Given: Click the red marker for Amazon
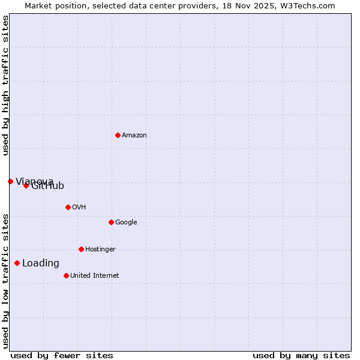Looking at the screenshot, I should (x=118, y=135).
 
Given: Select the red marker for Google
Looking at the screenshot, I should (x=111, y=222).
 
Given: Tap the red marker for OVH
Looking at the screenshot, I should (x=68, y=207).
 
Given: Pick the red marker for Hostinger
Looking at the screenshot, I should (x=81, y=249).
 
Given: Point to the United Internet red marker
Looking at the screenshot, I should (x=66, y=275).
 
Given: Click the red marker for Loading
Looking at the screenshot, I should (x=17, y=263).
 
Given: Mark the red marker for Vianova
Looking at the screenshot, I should (x=10, y=181).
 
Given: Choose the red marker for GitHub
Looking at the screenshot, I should (x=26, y=185).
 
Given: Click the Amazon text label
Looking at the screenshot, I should (x=134, y=136).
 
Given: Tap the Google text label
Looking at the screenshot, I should (x=126, y=223).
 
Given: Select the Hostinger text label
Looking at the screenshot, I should (x=100, y=250).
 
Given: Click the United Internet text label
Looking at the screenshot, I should (x=94, y=276).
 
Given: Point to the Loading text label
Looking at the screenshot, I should (x=41, y=263).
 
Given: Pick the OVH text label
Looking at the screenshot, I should (x=79, y=208).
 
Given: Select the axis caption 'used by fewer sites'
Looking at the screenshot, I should (x=62, y=356).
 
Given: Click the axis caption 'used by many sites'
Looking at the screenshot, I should (x=301, y=356).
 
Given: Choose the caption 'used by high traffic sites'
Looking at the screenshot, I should (x=6, y=85).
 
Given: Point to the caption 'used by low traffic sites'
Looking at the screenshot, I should (x=6, y=281).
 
